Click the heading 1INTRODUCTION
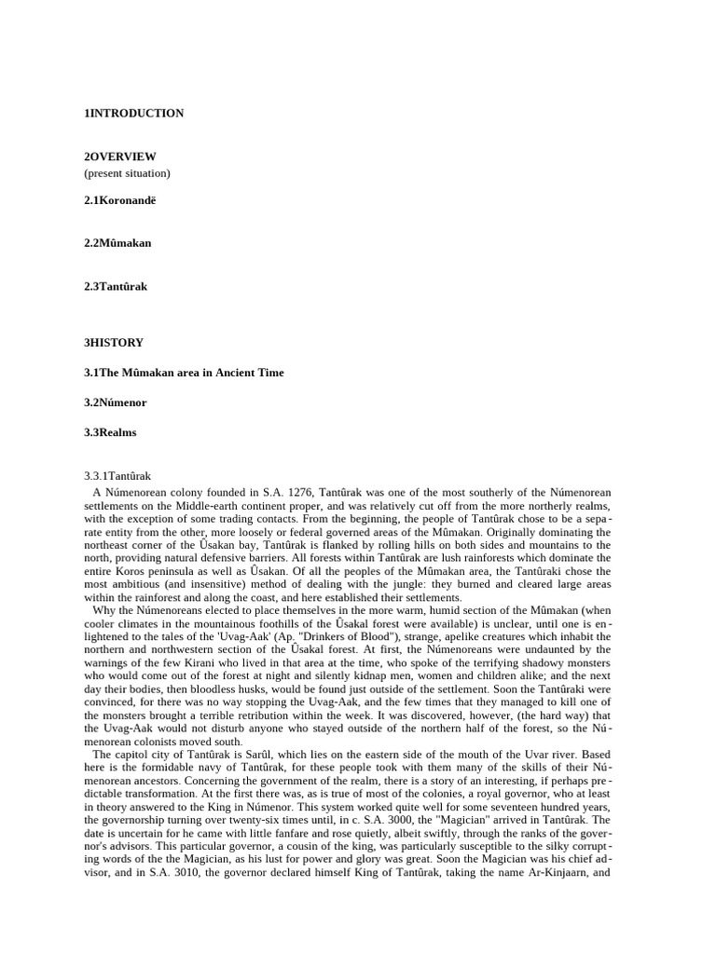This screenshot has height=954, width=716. click(133, 114)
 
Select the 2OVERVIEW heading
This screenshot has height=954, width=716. click(120, 157)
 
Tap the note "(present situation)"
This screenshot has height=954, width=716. click(127, 172)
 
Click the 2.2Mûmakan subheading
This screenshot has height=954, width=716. click(117, 243)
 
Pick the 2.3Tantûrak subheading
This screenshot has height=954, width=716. click(116, 287)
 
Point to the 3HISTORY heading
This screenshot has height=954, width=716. click(114, 343)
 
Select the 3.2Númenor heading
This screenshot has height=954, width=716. click(116, 402)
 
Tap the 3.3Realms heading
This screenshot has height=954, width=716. click(110, 432)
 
